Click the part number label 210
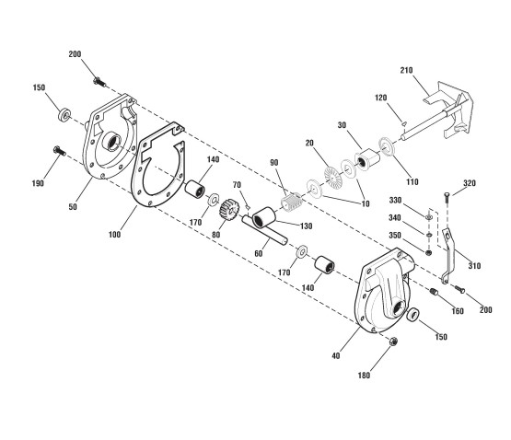406,70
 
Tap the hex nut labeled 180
393,342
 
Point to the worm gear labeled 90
292,203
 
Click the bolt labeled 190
59,151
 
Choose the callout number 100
114,235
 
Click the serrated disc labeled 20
332,177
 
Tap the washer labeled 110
387,146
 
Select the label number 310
474,266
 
